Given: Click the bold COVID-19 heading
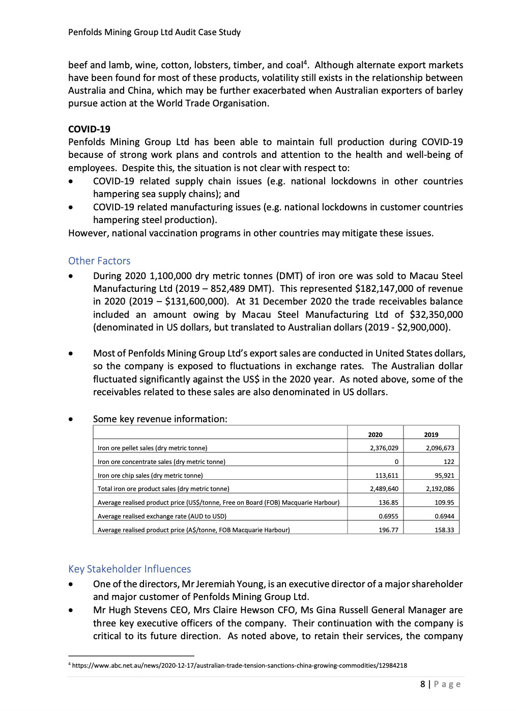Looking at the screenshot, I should [x=89, y=129].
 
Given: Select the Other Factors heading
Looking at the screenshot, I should [x=99, y=261].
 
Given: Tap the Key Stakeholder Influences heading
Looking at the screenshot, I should [x=130, y=569].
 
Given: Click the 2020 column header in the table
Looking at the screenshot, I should [x=375, y=434].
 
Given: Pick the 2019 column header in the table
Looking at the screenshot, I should [x=431, y=434].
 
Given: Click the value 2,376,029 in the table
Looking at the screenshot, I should [x=384, y=448].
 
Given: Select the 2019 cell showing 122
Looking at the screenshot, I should [x=448, y=461].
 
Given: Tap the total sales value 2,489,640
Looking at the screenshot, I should [x=384, y=488].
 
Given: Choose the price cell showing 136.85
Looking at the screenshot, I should [x=389, y=502].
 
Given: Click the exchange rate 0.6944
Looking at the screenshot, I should [x=445, y=516].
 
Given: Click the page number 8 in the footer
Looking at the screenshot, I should [x=423, y=684].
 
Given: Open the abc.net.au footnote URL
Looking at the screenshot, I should [x=239, y=665].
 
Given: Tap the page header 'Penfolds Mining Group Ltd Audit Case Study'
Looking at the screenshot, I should [x=154, y=32].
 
